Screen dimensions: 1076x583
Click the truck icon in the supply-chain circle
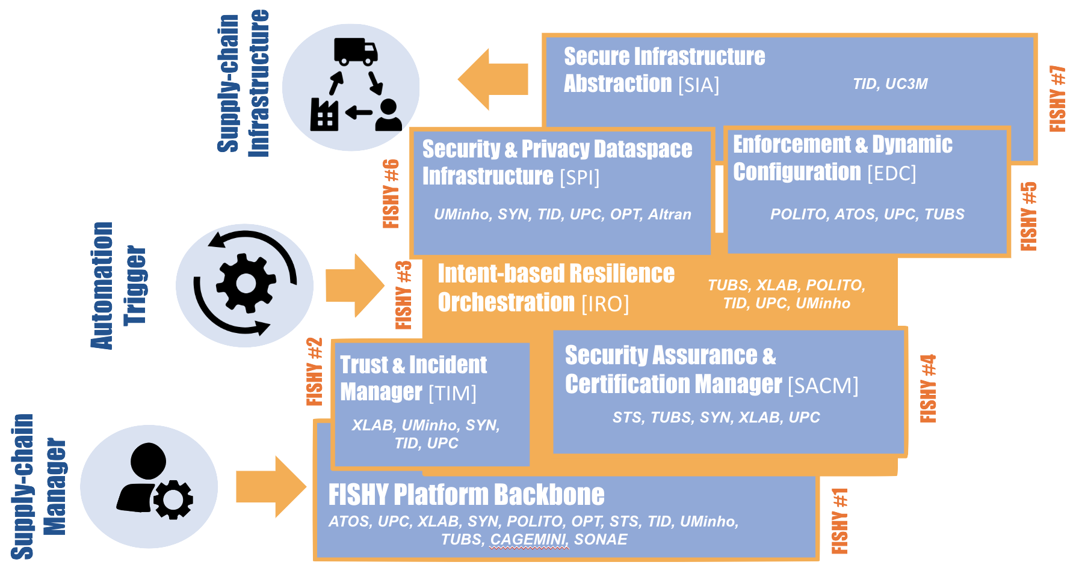(356, 52)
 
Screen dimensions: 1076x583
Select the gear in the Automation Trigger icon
(246, 282)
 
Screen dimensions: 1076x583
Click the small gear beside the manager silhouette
(173, 499)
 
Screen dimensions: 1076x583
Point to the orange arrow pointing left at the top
(493, 79)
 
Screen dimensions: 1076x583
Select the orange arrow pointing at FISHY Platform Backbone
(271, 486)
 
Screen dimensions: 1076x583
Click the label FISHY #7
(1057, 98)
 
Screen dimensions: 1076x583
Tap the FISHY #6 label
(391, 194)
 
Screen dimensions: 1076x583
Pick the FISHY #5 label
(1029, 216)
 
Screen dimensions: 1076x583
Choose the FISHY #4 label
(928, 388)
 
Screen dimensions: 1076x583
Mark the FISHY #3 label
(403, 295)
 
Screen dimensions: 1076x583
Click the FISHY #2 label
(315, 371)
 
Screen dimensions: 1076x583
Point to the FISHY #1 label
(839, 520)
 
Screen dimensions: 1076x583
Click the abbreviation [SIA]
(699, 85)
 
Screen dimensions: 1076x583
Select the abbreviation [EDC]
(892, 174)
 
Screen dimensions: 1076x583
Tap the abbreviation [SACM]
(823, 385)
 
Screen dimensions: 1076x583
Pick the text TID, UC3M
(890, 84)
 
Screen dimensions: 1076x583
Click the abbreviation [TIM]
(453, 394)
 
